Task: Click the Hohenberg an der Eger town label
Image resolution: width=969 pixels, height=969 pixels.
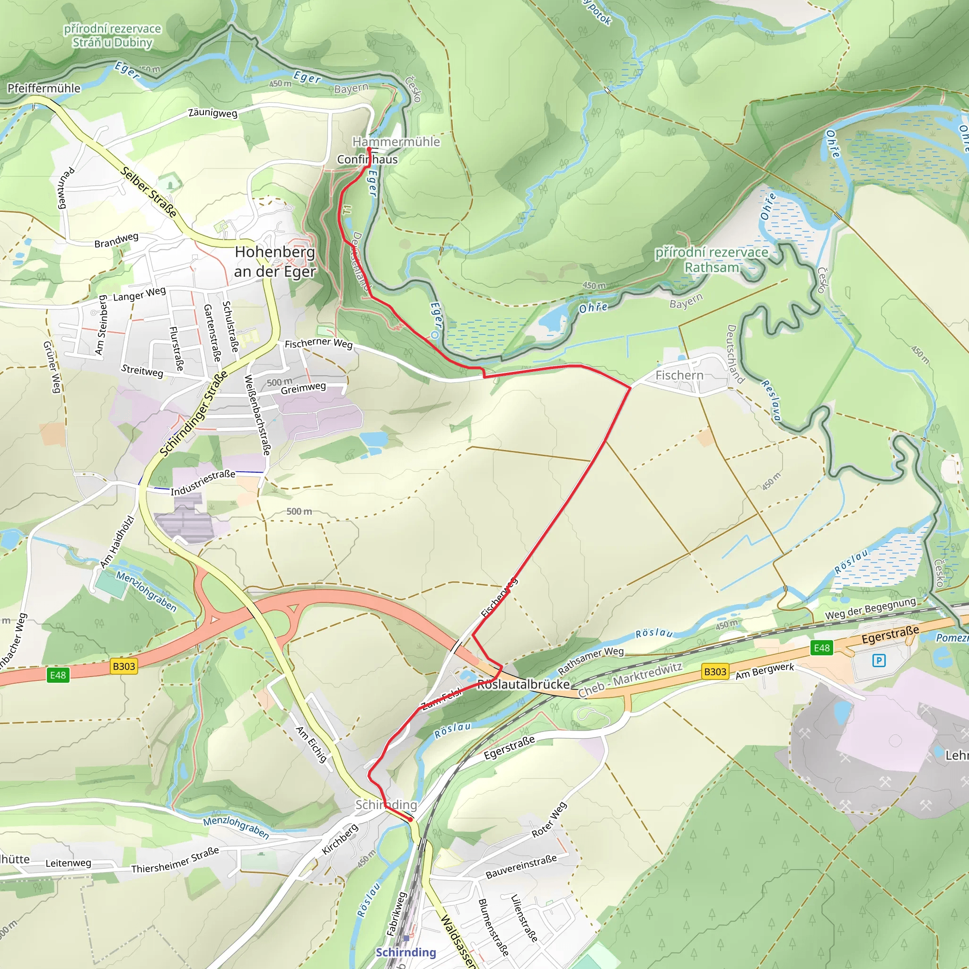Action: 275,261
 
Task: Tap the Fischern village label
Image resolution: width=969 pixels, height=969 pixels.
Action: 679,375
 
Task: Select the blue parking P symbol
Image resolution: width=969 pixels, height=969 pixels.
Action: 878,661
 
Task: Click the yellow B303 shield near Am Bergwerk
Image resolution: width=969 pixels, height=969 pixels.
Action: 715,671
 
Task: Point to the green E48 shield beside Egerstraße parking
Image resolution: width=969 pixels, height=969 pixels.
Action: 821,648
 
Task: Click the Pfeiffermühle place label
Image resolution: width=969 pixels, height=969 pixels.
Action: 44,89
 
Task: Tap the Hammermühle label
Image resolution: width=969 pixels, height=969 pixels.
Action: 396,142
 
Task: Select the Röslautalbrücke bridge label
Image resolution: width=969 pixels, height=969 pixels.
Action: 523,685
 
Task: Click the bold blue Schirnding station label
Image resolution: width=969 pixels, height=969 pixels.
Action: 406,952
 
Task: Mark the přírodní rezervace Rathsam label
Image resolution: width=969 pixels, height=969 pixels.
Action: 712,260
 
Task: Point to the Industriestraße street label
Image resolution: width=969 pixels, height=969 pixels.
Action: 203,483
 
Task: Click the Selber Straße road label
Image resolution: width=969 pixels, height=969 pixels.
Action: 149,192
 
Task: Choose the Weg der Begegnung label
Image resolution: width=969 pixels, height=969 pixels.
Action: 870,608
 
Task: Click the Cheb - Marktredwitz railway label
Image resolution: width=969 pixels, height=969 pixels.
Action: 630,680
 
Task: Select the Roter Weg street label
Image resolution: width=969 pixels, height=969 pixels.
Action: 549,819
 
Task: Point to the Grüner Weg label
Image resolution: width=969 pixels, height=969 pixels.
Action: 52,367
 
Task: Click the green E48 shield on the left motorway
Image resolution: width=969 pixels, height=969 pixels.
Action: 58,675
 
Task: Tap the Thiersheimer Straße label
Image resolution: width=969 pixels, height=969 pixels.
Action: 175,860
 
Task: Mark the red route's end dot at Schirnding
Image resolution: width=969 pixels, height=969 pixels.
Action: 411,819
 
